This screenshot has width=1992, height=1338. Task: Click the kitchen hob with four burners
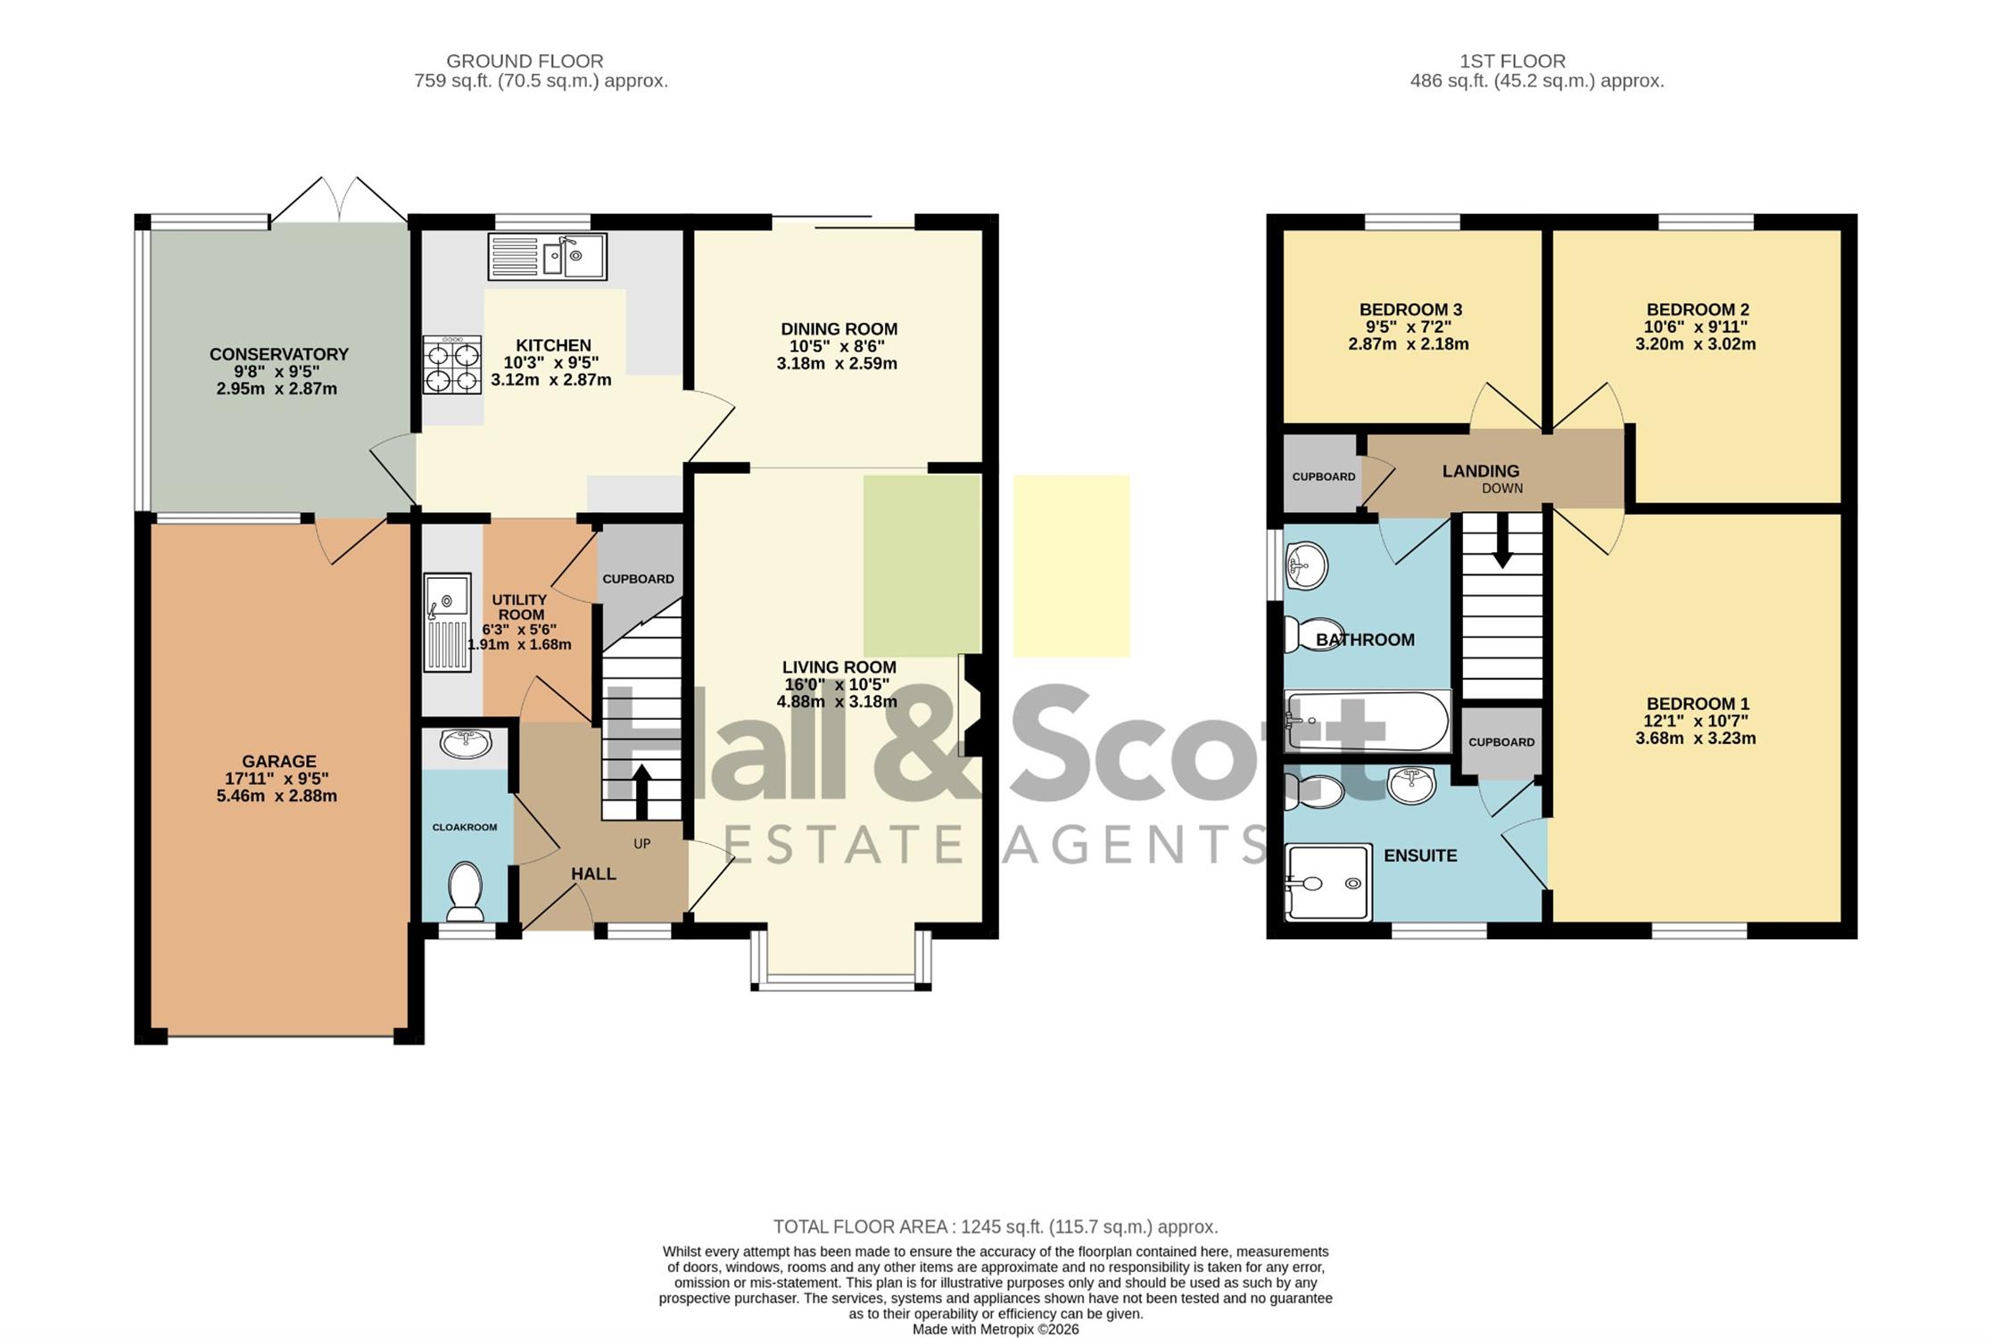(x=452, y=365)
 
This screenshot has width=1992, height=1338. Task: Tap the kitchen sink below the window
(x=547, y=256)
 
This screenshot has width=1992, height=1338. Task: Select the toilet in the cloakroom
(x=465, y=890)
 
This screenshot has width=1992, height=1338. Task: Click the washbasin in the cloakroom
(x=466, y=742)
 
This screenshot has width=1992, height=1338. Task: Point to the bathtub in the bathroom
(x=1366, y=721)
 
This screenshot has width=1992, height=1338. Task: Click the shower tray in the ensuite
(x=1327, y=881)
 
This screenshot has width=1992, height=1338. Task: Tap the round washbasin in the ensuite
(x=1411, y=785)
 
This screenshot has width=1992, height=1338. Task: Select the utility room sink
(x=447, y=622)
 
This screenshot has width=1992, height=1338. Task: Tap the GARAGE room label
(x=279, y=761)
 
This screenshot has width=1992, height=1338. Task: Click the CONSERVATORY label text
(x=279, y=354)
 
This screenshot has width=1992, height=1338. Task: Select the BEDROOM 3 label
(x=1410, y=310)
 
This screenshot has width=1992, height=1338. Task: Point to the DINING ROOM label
(x=839, y=329)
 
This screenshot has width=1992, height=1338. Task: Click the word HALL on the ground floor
(x=593, y=874)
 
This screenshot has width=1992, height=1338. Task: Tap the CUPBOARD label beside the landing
(x=1324, y=476)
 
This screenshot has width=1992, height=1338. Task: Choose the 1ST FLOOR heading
(x=1512, y=62)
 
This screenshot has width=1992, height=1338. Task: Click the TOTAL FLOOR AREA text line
(x=996, y=1226)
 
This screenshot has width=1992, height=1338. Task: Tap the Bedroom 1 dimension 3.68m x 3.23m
(x=1695, y=738)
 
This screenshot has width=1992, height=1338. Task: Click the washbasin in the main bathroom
(x=1307, y=566)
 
